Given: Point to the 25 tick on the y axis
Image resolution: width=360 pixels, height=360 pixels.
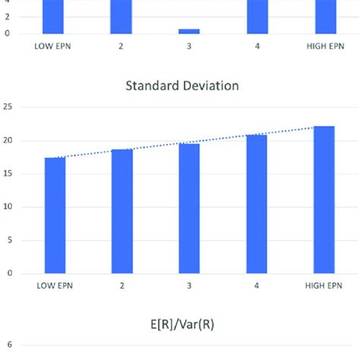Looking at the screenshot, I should point(7,108).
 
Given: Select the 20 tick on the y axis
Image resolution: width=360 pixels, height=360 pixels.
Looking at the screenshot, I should point(7,141).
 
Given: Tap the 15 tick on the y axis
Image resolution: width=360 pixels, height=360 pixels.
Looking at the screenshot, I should point(7,174).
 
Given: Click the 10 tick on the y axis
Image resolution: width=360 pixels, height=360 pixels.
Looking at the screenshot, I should point(7,207).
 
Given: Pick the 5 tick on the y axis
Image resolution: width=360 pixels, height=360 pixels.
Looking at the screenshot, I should point(9,240).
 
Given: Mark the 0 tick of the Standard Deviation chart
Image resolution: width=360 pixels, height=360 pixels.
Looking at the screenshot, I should point(9,273).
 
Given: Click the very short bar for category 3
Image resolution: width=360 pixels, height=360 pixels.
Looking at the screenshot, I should point(189,31).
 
